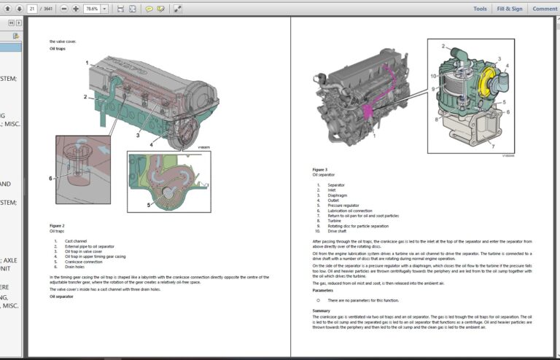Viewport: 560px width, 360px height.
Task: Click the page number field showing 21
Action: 33,9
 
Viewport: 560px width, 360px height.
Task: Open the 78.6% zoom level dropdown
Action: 104,9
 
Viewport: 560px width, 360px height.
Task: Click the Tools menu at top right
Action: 480,9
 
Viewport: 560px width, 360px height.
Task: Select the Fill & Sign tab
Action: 510,9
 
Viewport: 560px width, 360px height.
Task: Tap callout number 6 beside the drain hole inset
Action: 50,178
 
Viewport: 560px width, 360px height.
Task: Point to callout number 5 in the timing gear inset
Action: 149,205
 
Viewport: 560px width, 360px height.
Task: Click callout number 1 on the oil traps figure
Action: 87,63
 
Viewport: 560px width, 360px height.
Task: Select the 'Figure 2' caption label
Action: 57,226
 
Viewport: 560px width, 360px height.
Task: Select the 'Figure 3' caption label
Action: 319,169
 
